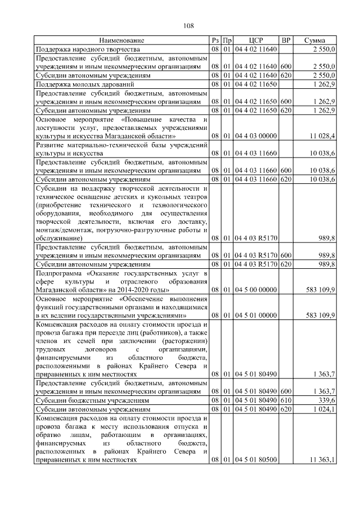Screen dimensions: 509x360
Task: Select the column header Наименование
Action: click(122, 40)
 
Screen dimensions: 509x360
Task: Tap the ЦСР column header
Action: click(256, 40)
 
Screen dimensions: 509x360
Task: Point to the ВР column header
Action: click(286, 40)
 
